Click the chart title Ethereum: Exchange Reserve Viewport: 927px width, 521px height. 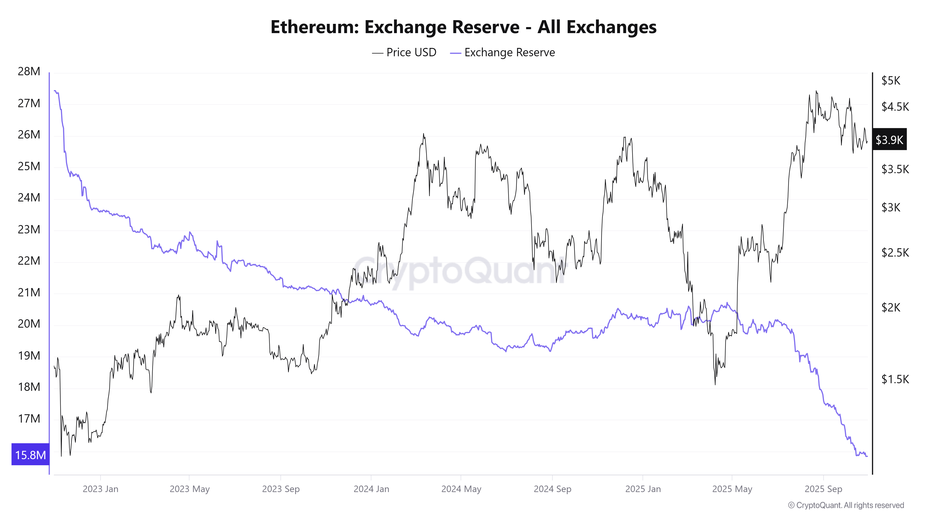click(463, 27)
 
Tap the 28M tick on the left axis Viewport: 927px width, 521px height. click(29, 72)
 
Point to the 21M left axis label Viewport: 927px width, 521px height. click(29, 292)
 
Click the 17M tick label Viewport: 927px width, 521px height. click(29, 418)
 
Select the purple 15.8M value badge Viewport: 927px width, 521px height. click(30, 455)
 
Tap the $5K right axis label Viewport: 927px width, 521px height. click(891, 81)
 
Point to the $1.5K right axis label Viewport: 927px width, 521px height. click(895, 379)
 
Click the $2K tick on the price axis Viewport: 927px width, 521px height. click(891, 308)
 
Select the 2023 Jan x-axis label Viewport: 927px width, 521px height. click(100, 489)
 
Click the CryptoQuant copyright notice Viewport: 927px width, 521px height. click(846, 505)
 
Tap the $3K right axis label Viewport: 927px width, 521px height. click(891, 207)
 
